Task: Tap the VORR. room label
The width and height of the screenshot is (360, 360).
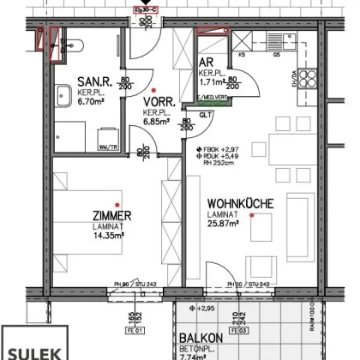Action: click(x=155, y=101)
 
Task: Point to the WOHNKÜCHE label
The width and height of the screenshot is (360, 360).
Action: click(x=240, y=204)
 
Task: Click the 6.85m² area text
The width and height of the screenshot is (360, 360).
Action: click(x=156, y=121)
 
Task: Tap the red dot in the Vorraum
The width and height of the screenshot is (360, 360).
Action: click(x=153, y=89)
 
